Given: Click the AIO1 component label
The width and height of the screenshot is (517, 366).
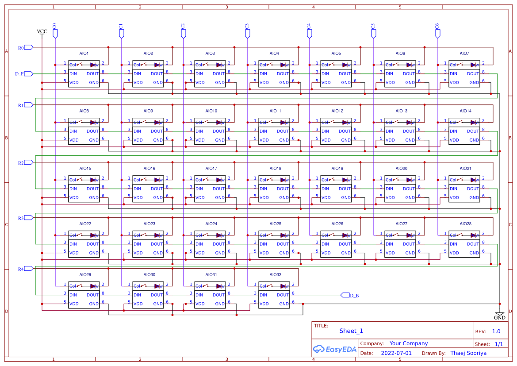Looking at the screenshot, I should coord(84,54).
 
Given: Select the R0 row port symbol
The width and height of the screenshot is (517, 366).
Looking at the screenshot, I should coord(28,47).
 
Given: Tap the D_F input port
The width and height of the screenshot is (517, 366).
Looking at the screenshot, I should coord(28,74).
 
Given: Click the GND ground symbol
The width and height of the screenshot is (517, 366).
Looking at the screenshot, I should coord(499,315).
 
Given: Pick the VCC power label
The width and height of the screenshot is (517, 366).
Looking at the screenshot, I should coord(42,31).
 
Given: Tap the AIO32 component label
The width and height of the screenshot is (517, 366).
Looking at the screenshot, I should coord(275,275).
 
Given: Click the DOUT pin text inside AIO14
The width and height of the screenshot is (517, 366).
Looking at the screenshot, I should coord(473,131).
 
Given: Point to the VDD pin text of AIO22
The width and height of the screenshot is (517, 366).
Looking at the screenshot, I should coord(74,253).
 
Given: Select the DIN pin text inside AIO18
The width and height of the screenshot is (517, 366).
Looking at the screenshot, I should coord(264,189).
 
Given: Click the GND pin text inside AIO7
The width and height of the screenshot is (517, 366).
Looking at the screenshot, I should coord(474,82).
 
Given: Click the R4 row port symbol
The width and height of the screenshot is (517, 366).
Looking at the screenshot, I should coord(28,269).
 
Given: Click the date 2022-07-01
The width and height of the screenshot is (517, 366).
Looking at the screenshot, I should coord(396,353).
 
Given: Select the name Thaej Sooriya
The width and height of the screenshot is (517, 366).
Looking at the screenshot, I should coord(468,353).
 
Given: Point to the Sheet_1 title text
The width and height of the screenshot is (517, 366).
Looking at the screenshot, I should coord(351,331).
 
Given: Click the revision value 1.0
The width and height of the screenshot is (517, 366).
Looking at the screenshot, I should coord(496,331).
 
